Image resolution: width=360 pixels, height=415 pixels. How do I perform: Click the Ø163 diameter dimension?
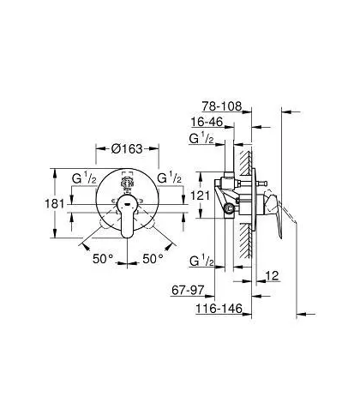127,148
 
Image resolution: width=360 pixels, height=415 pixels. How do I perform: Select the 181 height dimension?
55,204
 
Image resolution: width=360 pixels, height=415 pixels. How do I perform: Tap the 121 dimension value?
200,195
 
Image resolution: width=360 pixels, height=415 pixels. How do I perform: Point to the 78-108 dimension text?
222,106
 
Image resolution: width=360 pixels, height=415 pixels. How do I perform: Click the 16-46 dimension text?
207,122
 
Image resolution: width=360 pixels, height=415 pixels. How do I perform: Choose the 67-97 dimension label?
188,291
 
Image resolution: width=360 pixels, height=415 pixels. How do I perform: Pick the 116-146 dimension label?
219,309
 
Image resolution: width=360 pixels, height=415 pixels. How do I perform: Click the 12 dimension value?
272,276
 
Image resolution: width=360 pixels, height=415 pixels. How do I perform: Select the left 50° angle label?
103,259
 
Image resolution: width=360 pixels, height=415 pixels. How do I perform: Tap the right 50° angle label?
153,259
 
